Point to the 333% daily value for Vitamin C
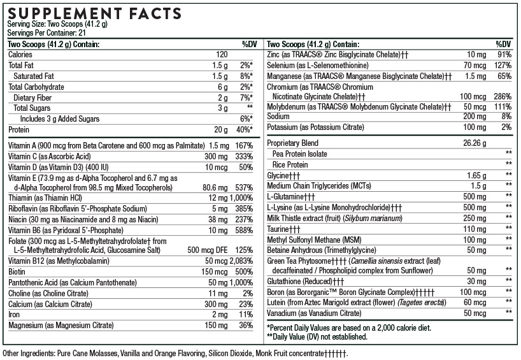(x=245, y=157)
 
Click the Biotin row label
(x=18, y=272)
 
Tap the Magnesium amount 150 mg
(x=215, y=326)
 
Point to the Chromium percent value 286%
(x=502, y=96)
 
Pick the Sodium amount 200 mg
(x=477, y=117)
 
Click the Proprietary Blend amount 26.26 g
(x=474, y=143)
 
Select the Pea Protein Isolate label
(x=300, y=154)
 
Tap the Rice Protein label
(x=291, y=164)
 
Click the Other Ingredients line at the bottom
(x=175, y=352)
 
